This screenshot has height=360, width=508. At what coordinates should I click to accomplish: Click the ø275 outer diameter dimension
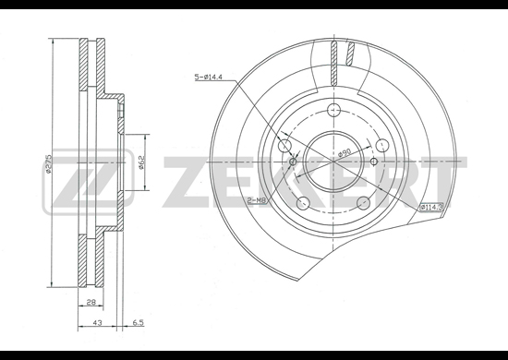[49, 162]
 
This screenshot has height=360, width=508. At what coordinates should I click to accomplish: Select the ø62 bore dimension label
[141, 162]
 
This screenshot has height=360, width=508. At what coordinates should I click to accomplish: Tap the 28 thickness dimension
[91, 302]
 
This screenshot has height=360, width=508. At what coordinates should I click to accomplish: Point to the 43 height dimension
[98, 322]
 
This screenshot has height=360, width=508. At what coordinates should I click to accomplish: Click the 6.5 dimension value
[138, 322]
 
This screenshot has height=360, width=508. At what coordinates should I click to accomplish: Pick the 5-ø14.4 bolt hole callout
[208, 77]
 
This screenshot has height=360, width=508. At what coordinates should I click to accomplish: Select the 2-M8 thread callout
[257, 200]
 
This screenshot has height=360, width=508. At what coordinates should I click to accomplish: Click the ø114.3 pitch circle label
[431, 207]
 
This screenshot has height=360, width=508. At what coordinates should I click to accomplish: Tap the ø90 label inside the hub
[345, 152]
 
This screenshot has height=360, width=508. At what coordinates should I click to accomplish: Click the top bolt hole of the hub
[333, 110]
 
